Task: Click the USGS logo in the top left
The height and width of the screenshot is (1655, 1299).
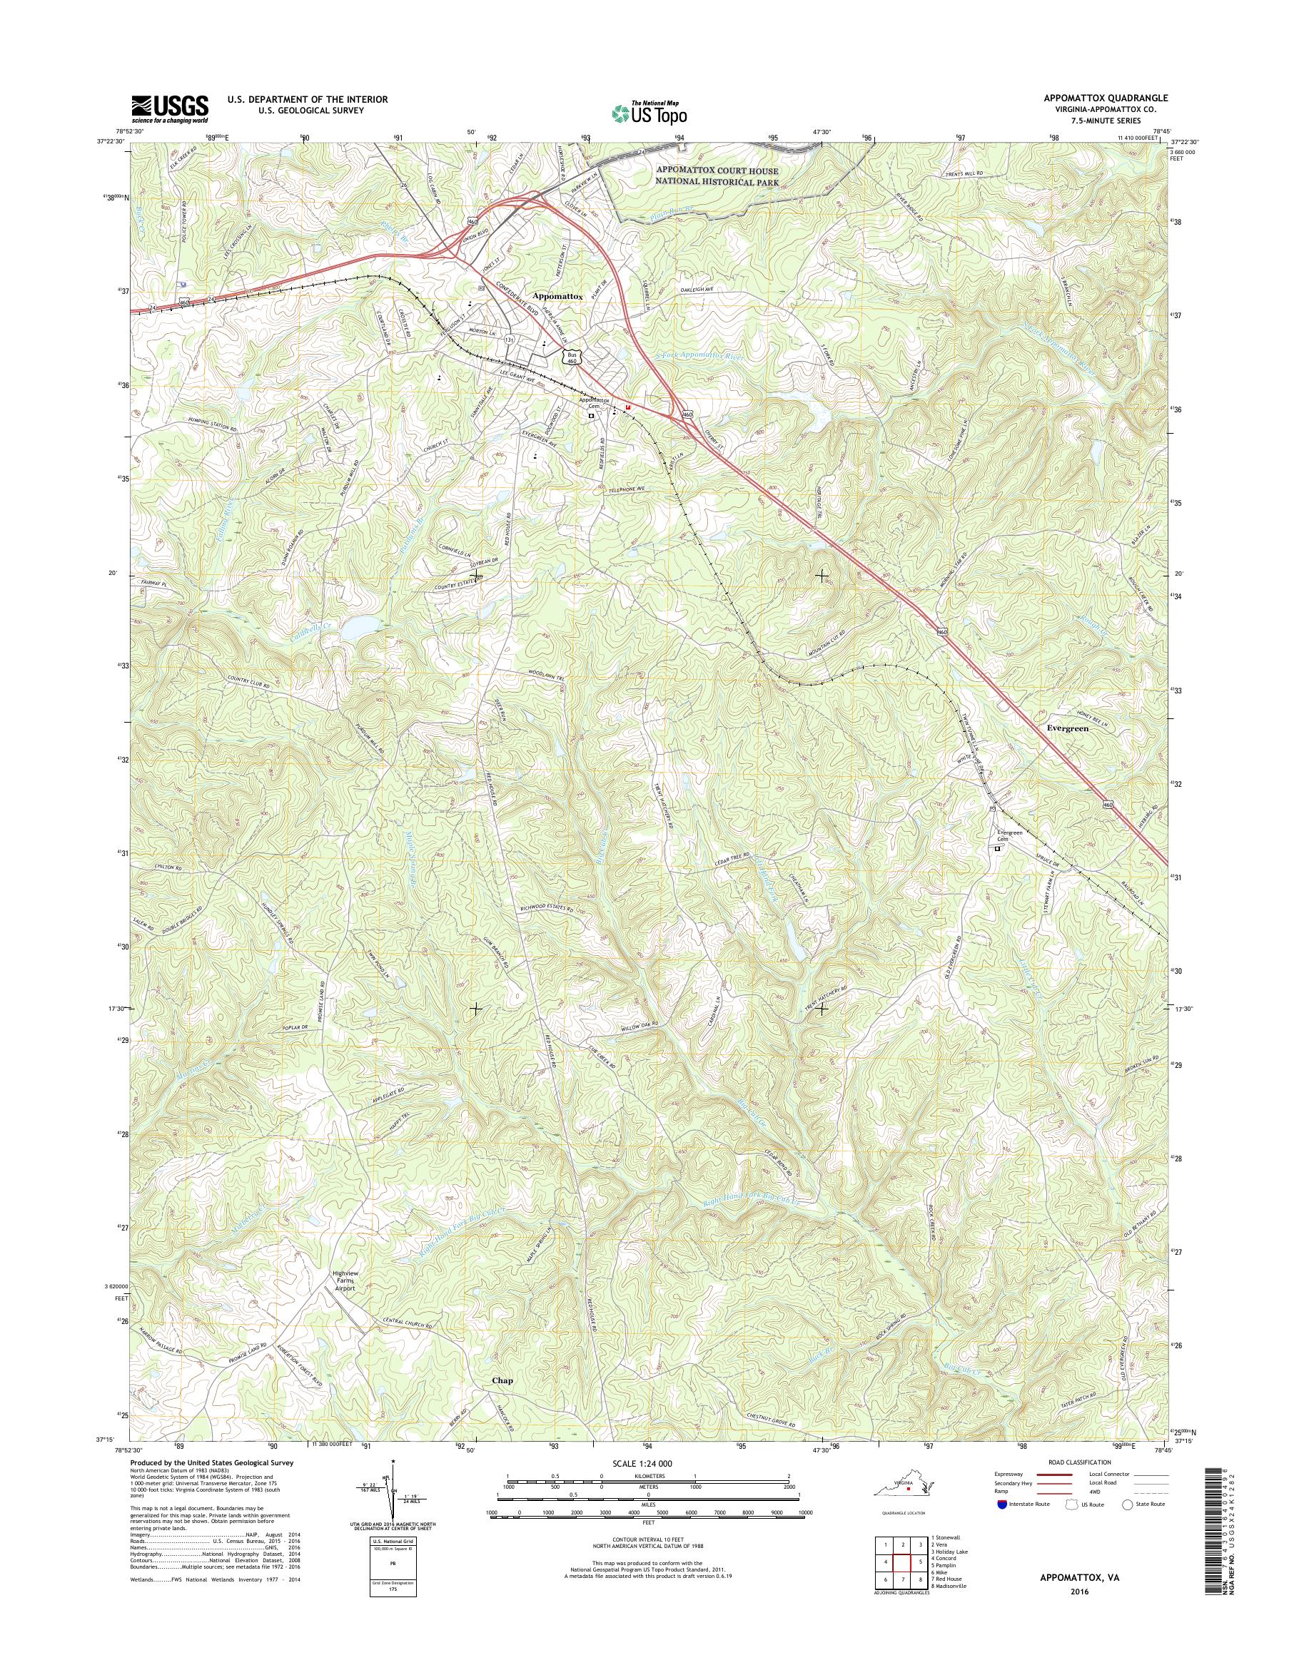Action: (170, 109)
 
